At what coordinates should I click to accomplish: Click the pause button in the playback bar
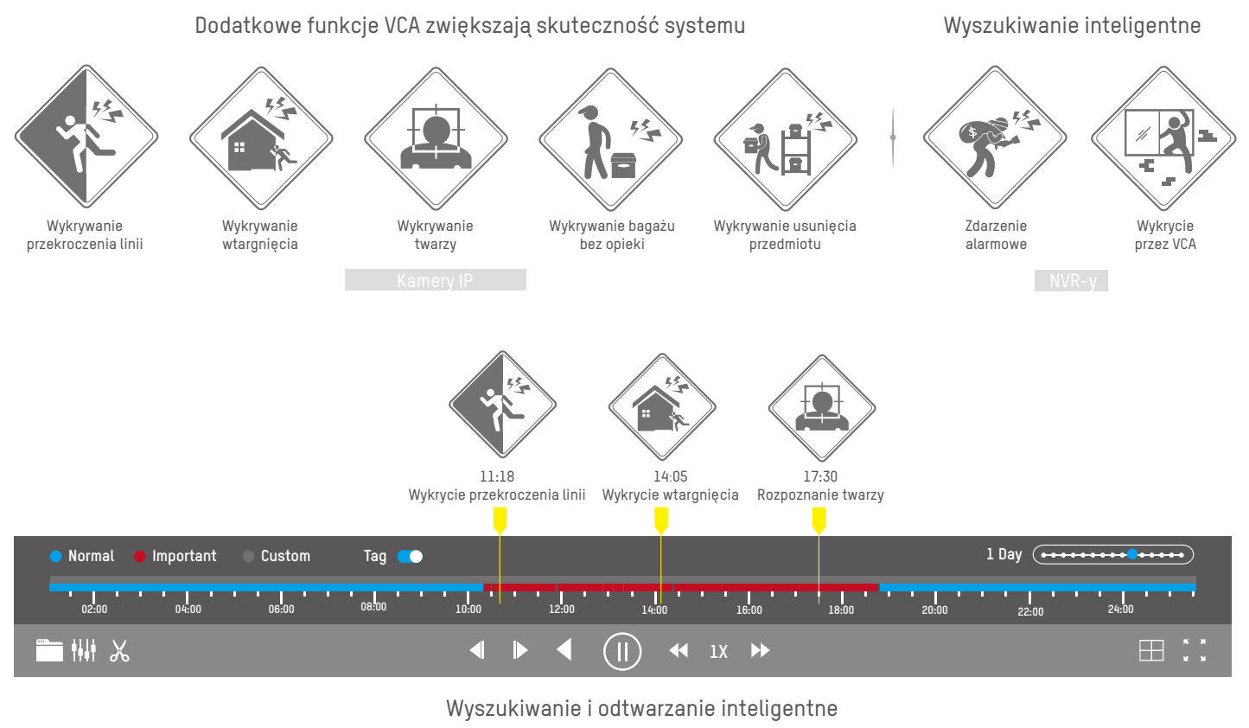(x=621, y=651)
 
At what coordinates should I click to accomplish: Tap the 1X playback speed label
(x=718, y=652)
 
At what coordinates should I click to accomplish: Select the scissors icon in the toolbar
(x=119, y=651)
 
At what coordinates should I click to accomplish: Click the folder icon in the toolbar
(x=49, y=650)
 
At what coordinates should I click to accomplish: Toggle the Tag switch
(x=410, y=556)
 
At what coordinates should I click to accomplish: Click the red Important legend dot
(x=140, y=556)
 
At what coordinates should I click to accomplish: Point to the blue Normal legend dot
(x=56, y=556)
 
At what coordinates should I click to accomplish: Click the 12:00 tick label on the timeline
(x=561, y=610)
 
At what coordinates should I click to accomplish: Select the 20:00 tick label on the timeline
(x=934, y=610)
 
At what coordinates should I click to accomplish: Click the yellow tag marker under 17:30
(x=819, y=520)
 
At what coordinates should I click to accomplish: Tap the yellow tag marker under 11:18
(x=500, y=520)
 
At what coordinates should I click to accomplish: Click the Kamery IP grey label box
(x=435, y=280)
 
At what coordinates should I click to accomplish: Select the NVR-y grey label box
(x=1071, y=280)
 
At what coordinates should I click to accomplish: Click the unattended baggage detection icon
(x=611, y=139)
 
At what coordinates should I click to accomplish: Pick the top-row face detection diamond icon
(x=436, y=139)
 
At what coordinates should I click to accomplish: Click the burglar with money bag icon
(x=995, y=139)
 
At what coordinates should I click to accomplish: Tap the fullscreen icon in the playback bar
(x=1195, y=650)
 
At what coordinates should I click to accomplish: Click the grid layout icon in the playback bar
(x=1151, y=650)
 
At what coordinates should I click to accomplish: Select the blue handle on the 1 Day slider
(x=1132, y=555)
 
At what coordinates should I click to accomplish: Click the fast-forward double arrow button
(x=760, y=650)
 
